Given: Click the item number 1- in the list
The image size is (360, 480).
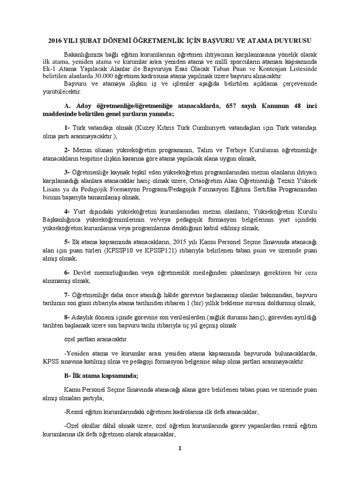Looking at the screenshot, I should (67, 128).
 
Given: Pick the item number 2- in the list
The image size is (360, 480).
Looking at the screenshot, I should (67, 150).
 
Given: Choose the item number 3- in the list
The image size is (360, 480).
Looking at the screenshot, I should (67, 171).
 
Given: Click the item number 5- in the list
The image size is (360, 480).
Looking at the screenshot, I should (67, 241).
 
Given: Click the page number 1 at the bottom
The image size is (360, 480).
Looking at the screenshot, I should (180, 448).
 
